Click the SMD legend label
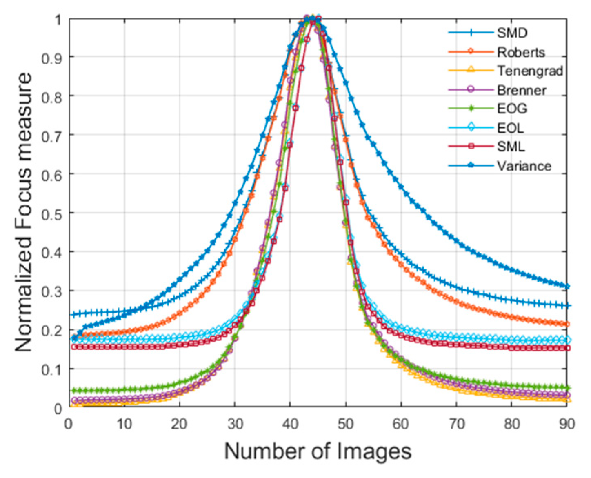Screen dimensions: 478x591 512,33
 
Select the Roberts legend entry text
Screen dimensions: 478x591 521,52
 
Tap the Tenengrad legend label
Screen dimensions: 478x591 530,71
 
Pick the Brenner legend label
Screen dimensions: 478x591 521,90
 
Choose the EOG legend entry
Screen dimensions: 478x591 512,109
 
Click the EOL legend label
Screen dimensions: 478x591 510,128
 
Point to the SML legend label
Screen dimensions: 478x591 511,147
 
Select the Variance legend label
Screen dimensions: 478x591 524,166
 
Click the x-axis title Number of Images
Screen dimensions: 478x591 318,451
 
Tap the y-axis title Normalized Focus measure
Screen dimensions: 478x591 23,212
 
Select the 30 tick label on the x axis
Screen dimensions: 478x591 235,424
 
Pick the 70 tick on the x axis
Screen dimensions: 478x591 456,424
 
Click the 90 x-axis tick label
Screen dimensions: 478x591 567,424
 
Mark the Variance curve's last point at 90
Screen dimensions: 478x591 567,287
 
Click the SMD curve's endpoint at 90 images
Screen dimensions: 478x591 567,306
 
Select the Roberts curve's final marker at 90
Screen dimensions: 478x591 567,324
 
